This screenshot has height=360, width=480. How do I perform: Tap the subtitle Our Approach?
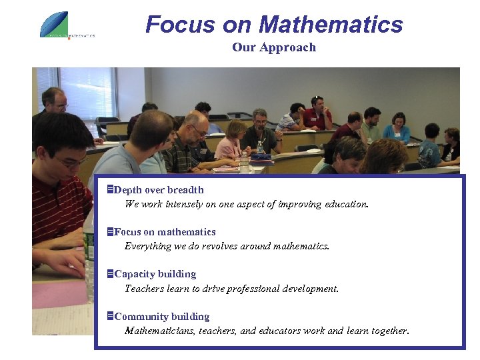(274, 47)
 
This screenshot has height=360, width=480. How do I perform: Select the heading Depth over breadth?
(159, 190)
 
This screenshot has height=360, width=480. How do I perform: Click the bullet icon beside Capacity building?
(111, 274)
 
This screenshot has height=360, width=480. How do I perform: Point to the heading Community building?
(162, 317)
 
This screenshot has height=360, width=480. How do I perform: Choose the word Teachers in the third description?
(144, 289)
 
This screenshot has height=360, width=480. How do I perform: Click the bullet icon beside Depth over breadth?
(111, 190)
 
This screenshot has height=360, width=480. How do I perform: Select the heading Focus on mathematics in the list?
(165, 232)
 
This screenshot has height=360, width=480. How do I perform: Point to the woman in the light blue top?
(398, 127)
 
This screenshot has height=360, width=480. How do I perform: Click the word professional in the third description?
(261, 289)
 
